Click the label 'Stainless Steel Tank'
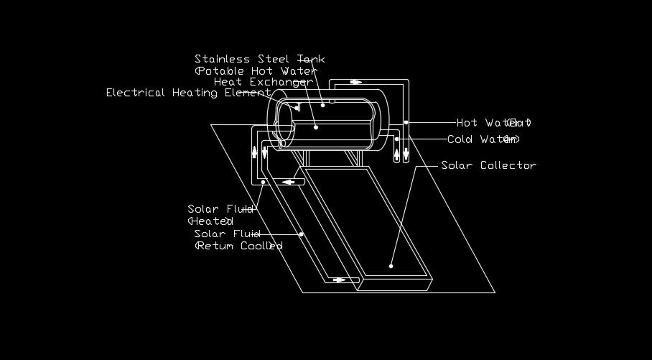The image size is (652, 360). click(x=259, y=59)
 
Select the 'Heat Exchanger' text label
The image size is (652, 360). click(x=263, y=82)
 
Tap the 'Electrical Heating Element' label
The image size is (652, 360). click(x=188, y=93)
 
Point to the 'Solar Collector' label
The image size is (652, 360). click(x=488, y=166)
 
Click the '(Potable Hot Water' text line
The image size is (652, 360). click(x=256, y=71)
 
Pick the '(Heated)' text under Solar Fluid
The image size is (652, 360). click(x=210, y=221)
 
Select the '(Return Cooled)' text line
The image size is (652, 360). click(x=239, y=246)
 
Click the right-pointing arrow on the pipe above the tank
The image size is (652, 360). click(x=356, y=81)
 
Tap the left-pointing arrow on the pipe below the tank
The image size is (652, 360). click(x=291, y=182)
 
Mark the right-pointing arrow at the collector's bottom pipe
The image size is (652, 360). click(x=340, y=280)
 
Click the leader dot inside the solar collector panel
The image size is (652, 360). click(x=391, y=266)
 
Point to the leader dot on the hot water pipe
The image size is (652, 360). click(x=406, y=122)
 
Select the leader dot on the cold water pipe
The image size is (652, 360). click(x=396, y=139)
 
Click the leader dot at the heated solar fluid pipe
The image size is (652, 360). click(x=264, y=183)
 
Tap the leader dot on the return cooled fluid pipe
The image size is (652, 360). click(x=302, y=234)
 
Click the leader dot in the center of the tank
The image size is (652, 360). click(x=316, y=127)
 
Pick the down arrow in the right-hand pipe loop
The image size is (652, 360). click(x=406, y=153)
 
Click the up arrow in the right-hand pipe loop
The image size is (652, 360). click(x=397, y=153)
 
